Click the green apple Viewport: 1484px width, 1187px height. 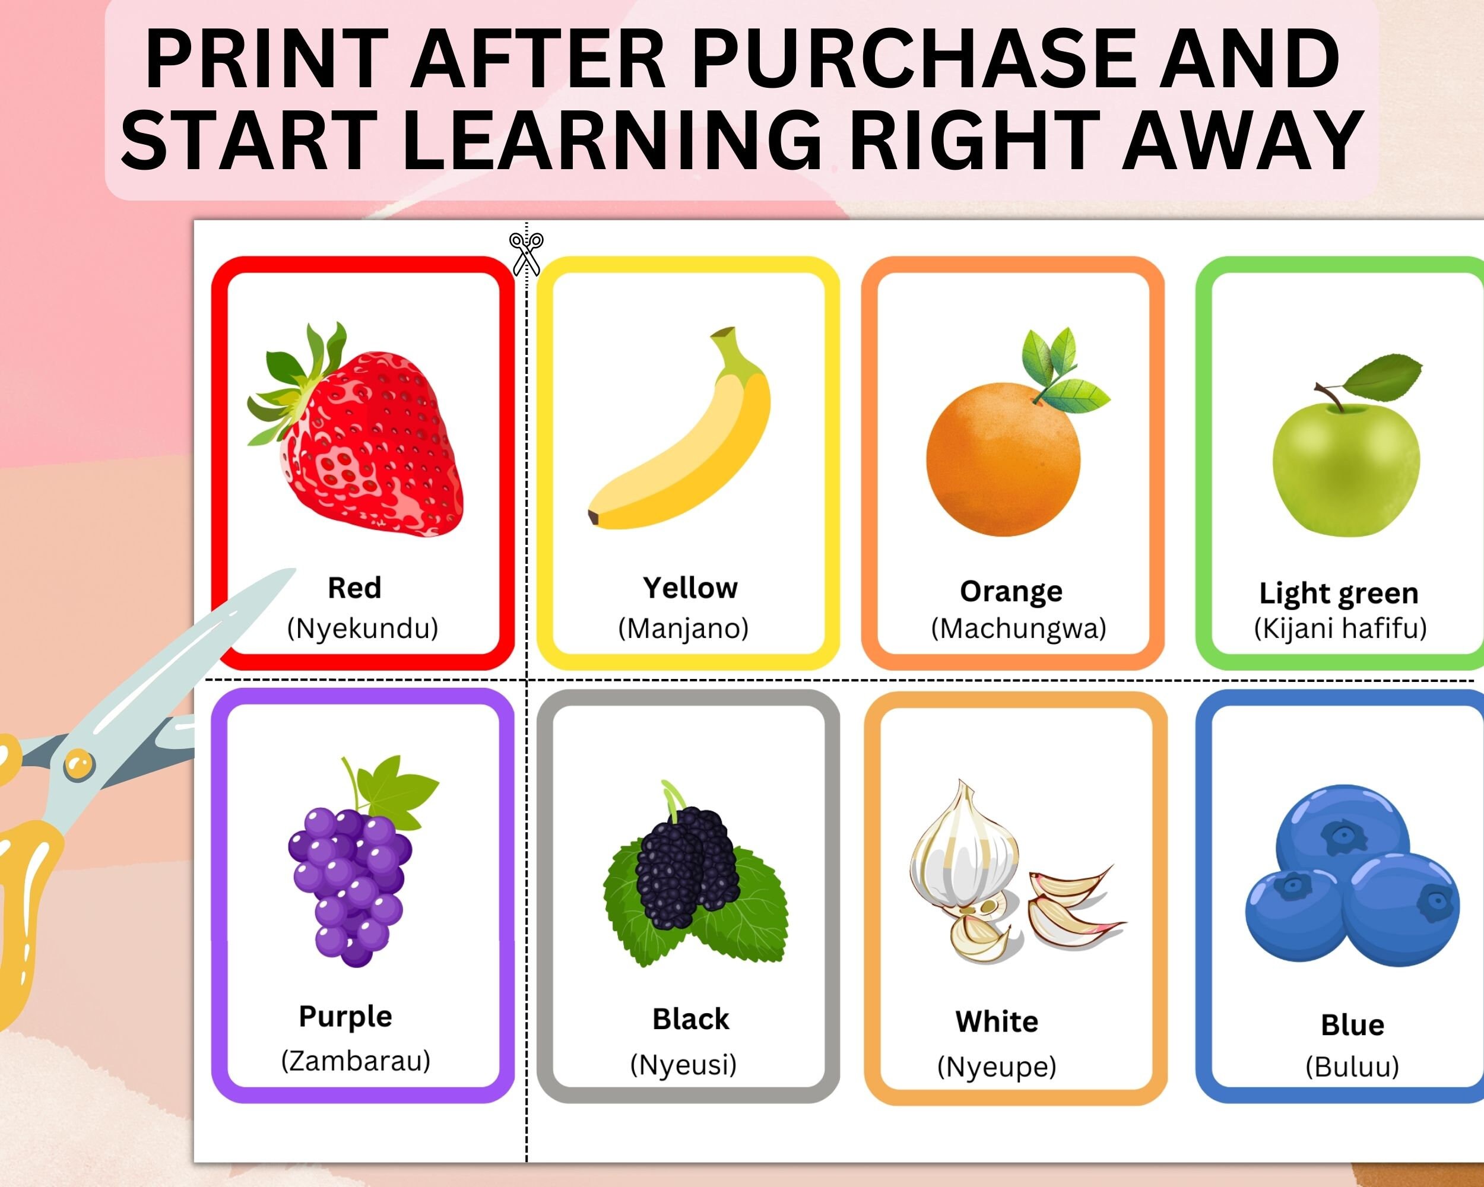click(1346, 468)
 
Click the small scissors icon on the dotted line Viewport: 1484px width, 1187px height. click(527, 253)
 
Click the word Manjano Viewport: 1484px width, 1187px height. click(683, 629)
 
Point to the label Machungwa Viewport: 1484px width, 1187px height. click(1019, 629)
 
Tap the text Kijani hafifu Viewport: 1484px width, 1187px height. click(1340, 629)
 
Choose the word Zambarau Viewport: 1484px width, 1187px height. click(356, 1061)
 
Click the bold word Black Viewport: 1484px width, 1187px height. click(690, 1019)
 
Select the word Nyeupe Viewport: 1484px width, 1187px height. click(996, 1067)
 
